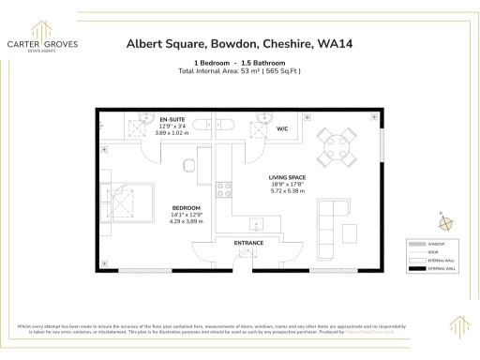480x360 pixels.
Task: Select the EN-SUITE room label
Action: click(x=172, y=120)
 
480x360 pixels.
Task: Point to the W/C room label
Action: click(x=283, y=129)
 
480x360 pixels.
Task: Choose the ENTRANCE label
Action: click(x=248, y=243)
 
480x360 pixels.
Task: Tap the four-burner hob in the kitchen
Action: click(x=225, y=189)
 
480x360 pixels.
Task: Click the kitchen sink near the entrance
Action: click(x=255, y=225)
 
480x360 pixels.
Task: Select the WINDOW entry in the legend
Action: click(x=430, y=243)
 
